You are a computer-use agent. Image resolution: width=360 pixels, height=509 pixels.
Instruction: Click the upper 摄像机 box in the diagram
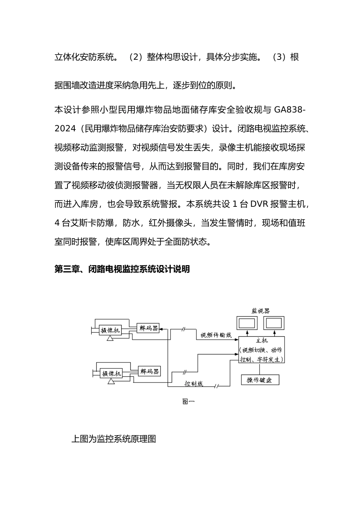[x=110, y=330]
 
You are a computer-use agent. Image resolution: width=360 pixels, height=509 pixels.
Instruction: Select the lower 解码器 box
[x=149, y=371]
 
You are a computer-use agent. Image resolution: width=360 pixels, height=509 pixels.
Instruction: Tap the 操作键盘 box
[x=260, y=380]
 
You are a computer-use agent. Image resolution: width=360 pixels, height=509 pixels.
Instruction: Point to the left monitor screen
[x=247, y=323]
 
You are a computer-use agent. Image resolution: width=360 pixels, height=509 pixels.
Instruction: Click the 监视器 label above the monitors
[x=261, y=311]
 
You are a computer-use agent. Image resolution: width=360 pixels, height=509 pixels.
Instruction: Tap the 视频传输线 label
[x=216, y=335]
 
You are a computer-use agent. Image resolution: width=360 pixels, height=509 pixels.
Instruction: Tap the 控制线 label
[x=194, y=384]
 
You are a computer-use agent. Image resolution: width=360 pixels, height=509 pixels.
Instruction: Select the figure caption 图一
[x=188, y=401]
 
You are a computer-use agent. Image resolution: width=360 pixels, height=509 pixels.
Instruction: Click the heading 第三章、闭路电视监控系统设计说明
[x=122, y=269]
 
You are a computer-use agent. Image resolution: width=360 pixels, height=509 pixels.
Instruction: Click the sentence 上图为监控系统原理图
[x=114, y=439]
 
